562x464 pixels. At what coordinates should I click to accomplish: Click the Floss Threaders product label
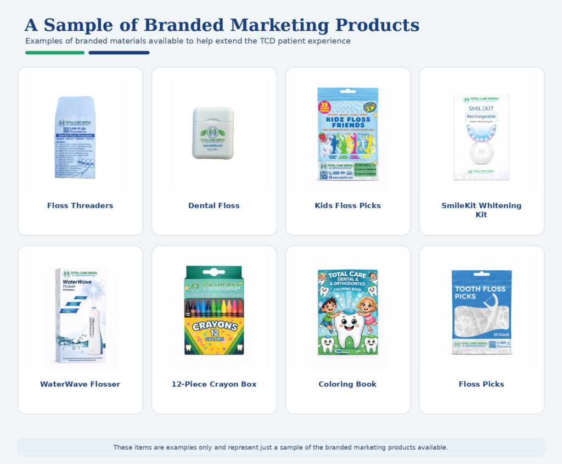pyautogui.click(x=80, y=206)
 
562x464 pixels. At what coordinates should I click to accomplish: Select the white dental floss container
pyautogui.click(x=213, y=133)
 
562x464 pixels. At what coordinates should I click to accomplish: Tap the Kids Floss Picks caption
pyautogui.click(x=347, y=206)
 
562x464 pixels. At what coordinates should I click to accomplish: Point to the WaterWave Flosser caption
pyautogui.click(x=80, y=384)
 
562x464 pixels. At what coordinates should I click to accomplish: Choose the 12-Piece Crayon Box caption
pyautogui.click(x=214, y=384)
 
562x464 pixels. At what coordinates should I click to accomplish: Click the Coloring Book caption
pyautogui.click(x=347, y=384)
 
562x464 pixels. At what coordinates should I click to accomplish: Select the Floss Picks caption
pyautogui.click(x=481, y=384)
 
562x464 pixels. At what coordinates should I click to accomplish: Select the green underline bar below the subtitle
pyautogui.click(x=55, y=53)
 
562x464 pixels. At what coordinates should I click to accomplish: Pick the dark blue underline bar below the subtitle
pyautogui.click(x=119, y=53)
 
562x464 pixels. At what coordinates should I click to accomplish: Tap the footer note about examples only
pyautogui.click(x=280, y=448)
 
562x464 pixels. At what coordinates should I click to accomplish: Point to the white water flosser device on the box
pyautogui.click(x=94, y=329)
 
